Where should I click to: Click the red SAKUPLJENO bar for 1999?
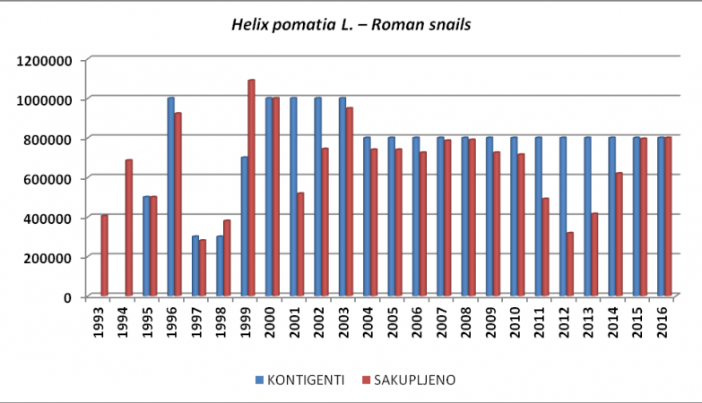click(251, 188)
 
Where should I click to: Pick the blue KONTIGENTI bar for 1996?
click(170, 197)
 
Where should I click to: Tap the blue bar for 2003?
click(342, 197)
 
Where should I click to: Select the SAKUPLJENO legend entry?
click(412, 380)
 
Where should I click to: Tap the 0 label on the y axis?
click(69, 296)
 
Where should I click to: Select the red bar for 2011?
click(545, 247)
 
